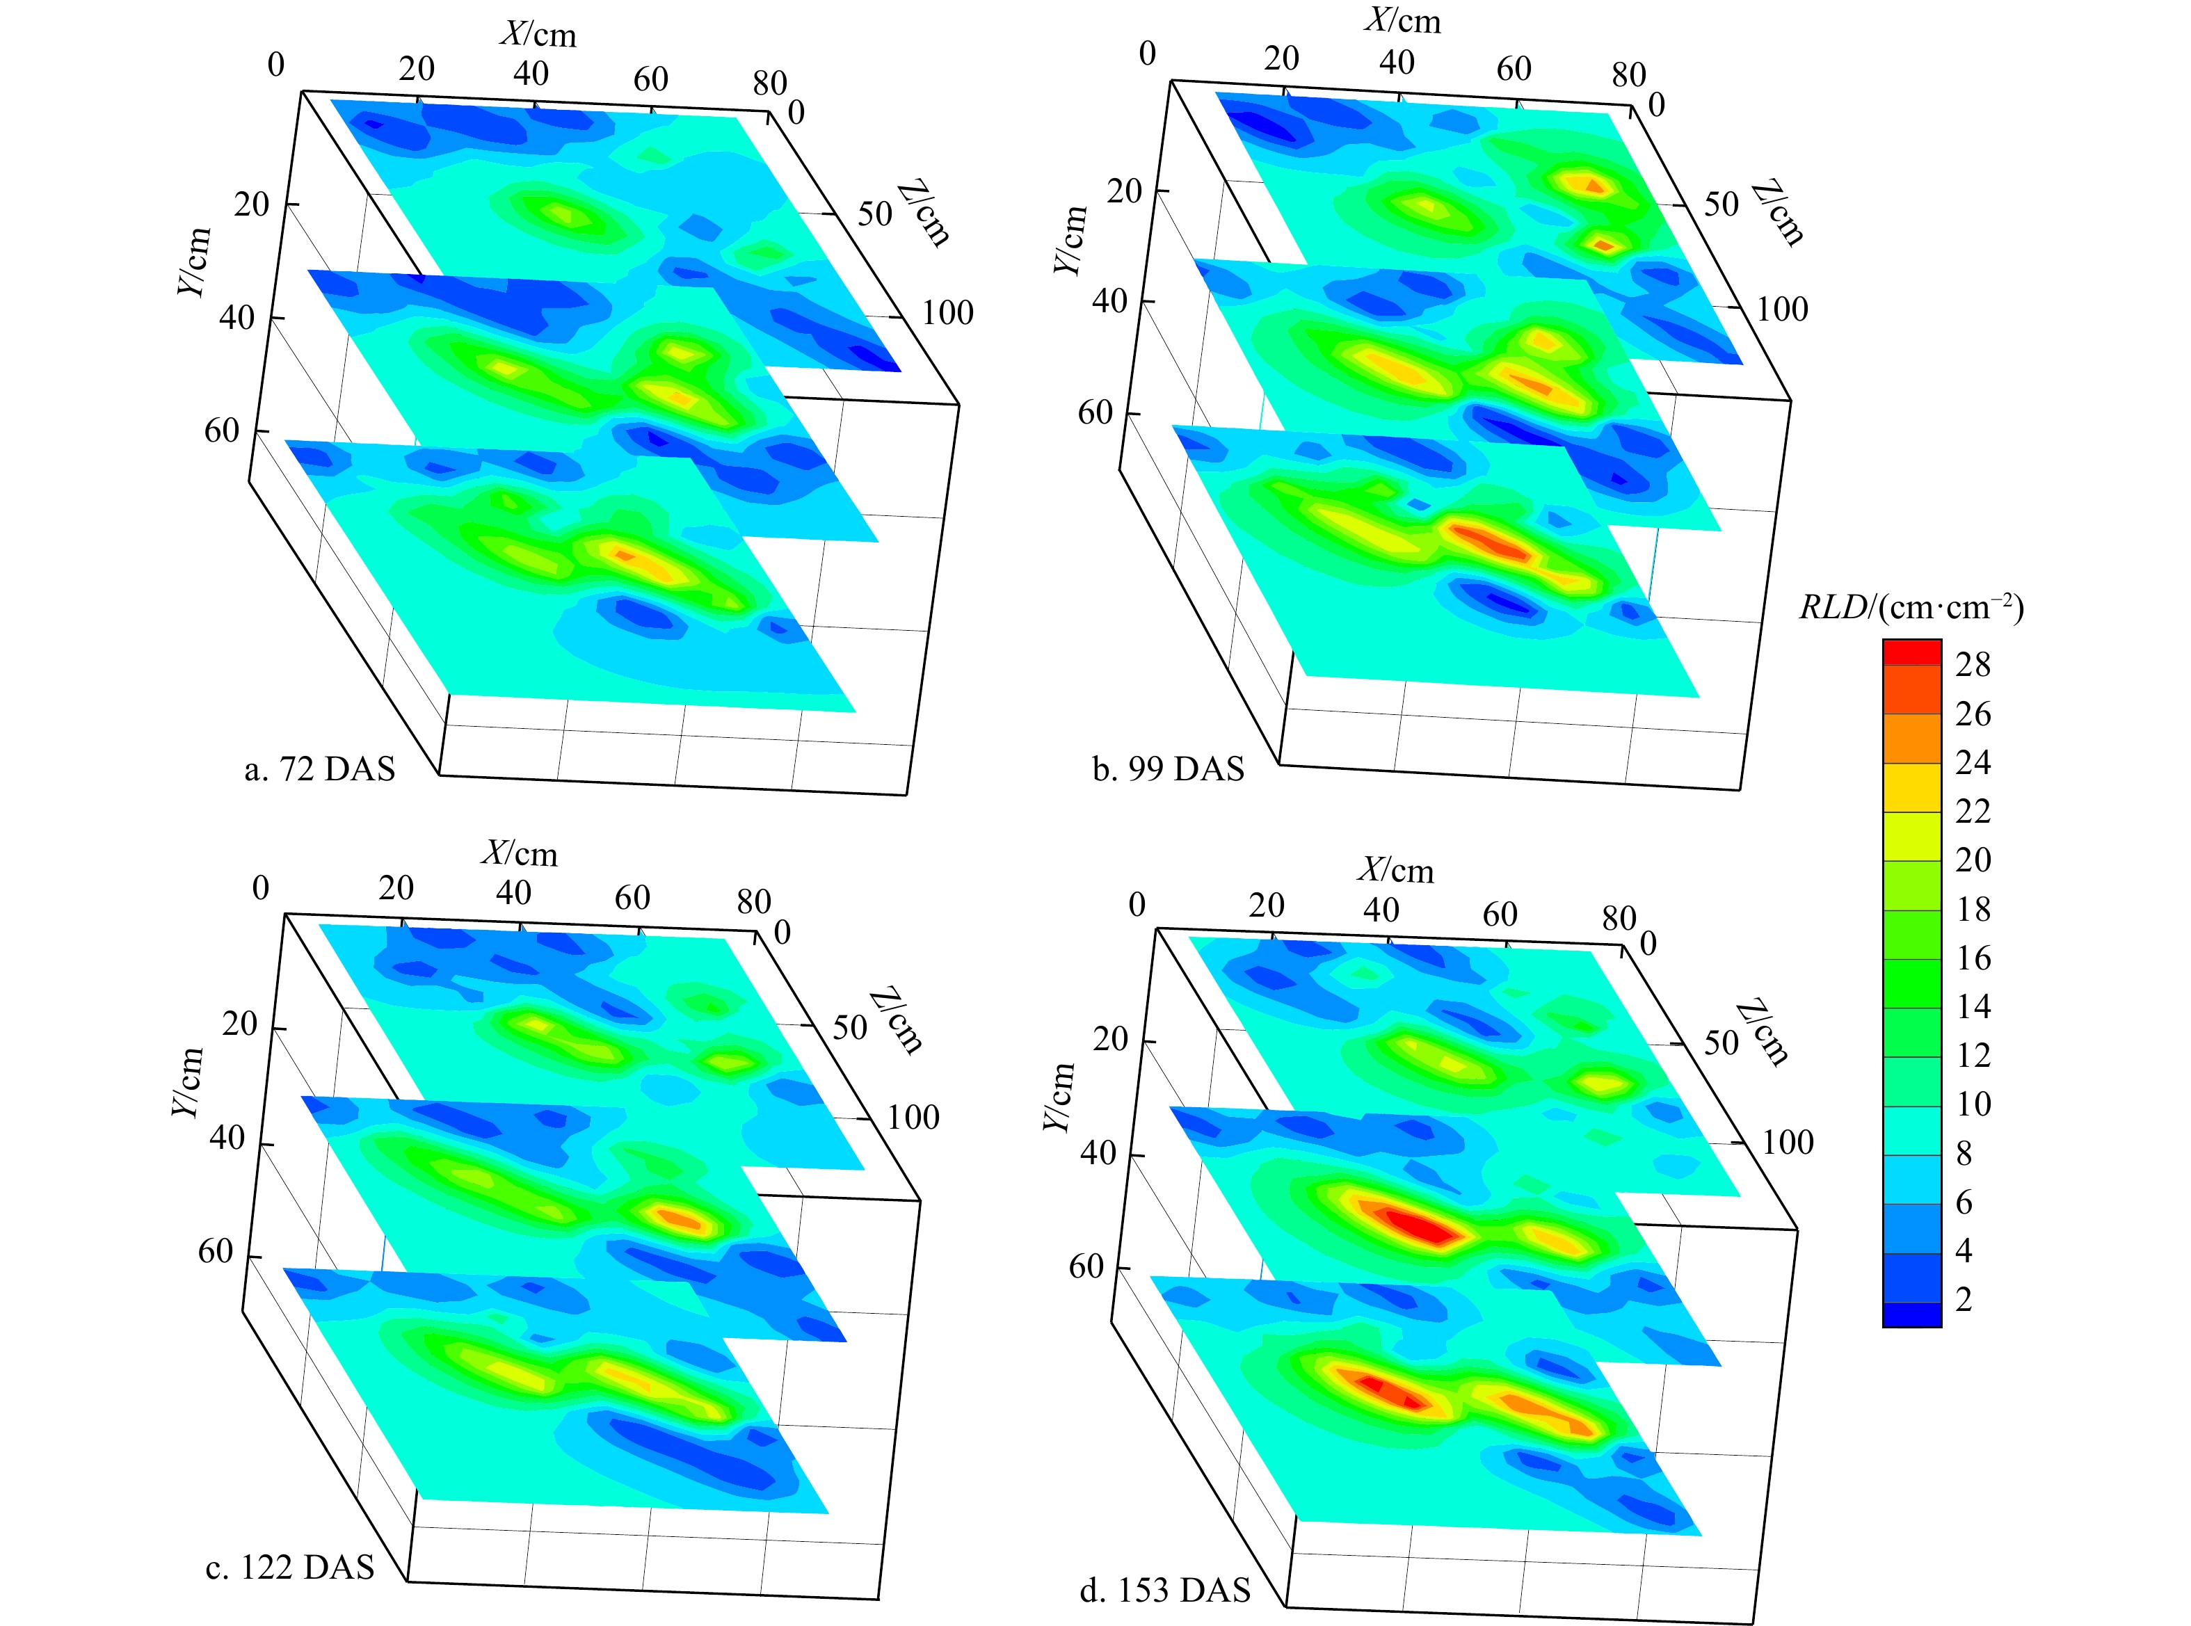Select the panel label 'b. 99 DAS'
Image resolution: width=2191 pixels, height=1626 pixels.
1169,768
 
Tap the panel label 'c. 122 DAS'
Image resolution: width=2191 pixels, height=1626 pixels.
289,1567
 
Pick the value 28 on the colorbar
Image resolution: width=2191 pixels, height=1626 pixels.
1973,666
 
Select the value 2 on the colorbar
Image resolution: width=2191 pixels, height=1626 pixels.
1964,1299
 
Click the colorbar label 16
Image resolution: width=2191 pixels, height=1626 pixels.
1973,958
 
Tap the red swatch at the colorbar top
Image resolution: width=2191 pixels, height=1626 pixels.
1911,652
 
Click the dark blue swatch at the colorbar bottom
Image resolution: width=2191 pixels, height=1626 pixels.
1911,1315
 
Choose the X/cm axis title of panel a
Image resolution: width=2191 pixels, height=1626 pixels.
538,35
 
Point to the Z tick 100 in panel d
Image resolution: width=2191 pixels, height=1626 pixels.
1786,1143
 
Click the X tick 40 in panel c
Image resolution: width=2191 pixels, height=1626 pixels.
513,893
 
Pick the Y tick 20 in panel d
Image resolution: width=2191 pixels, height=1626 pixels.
1110,1040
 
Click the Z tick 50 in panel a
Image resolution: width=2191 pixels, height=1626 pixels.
874,214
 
